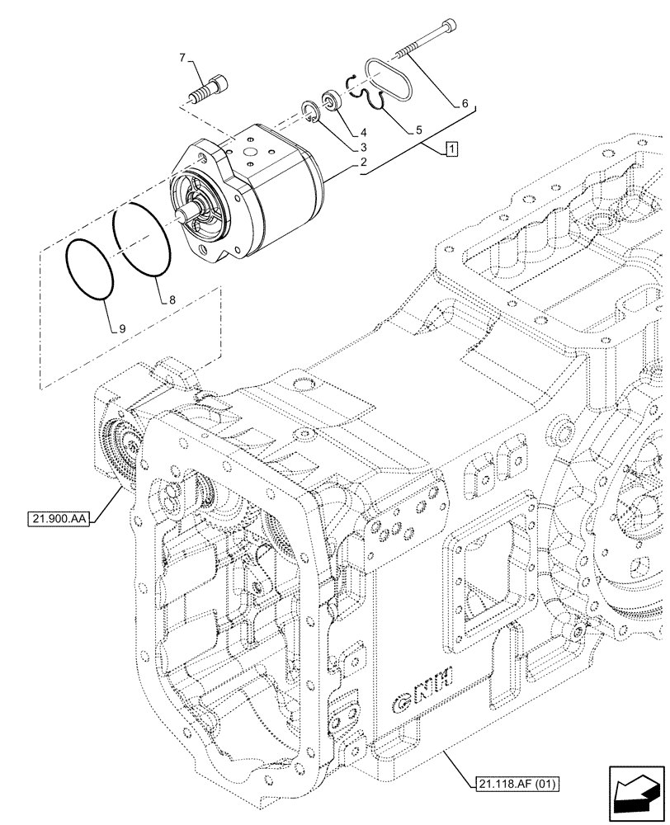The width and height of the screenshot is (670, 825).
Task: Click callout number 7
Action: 182,58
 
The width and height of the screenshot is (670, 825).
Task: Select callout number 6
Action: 465,103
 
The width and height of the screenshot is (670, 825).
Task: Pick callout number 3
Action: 363,148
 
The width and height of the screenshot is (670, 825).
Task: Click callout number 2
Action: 362,163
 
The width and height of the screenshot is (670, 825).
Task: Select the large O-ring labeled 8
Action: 142,238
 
